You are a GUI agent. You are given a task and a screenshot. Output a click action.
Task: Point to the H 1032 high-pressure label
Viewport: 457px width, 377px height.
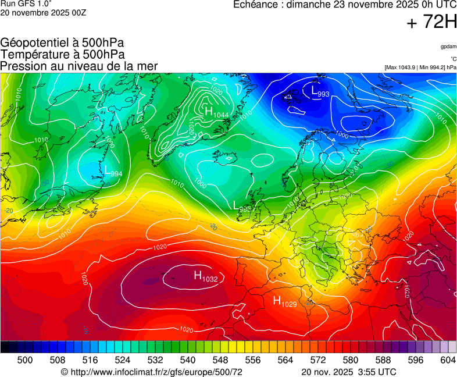click(205, 276)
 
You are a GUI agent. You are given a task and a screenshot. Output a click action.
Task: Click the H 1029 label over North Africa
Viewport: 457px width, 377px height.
click(285, 301)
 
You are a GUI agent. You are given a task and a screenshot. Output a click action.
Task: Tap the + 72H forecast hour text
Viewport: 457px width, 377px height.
click(433, 22)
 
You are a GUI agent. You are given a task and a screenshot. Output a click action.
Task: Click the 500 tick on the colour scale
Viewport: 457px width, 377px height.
click(24, 360)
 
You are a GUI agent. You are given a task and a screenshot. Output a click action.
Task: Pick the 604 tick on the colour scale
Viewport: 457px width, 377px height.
click(448, 360)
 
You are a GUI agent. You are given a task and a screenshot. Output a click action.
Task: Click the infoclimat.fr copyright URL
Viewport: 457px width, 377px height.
click(151, 372)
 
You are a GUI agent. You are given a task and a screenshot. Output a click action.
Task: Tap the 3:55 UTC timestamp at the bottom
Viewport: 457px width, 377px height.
click(378, 372)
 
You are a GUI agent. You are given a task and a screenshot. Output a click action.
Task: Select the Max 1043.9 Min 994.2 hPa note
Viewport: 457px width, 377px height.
click(420, 67)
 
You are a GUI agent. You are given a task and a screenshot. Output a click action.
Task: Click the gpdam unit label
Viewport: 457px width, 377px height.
click(448, 46)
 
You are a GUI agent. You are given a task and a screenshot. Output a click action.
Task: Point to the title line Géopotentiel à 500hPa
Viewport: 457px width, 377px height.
click(62, 43)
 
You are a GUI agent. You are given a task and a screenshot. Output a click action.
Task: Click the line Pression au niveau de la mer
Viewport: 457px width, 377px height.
click(79, 66)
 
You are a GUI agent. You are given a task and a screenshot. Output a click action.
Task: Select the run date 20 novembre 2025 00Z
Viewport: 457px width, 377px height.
click(43, 13)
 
